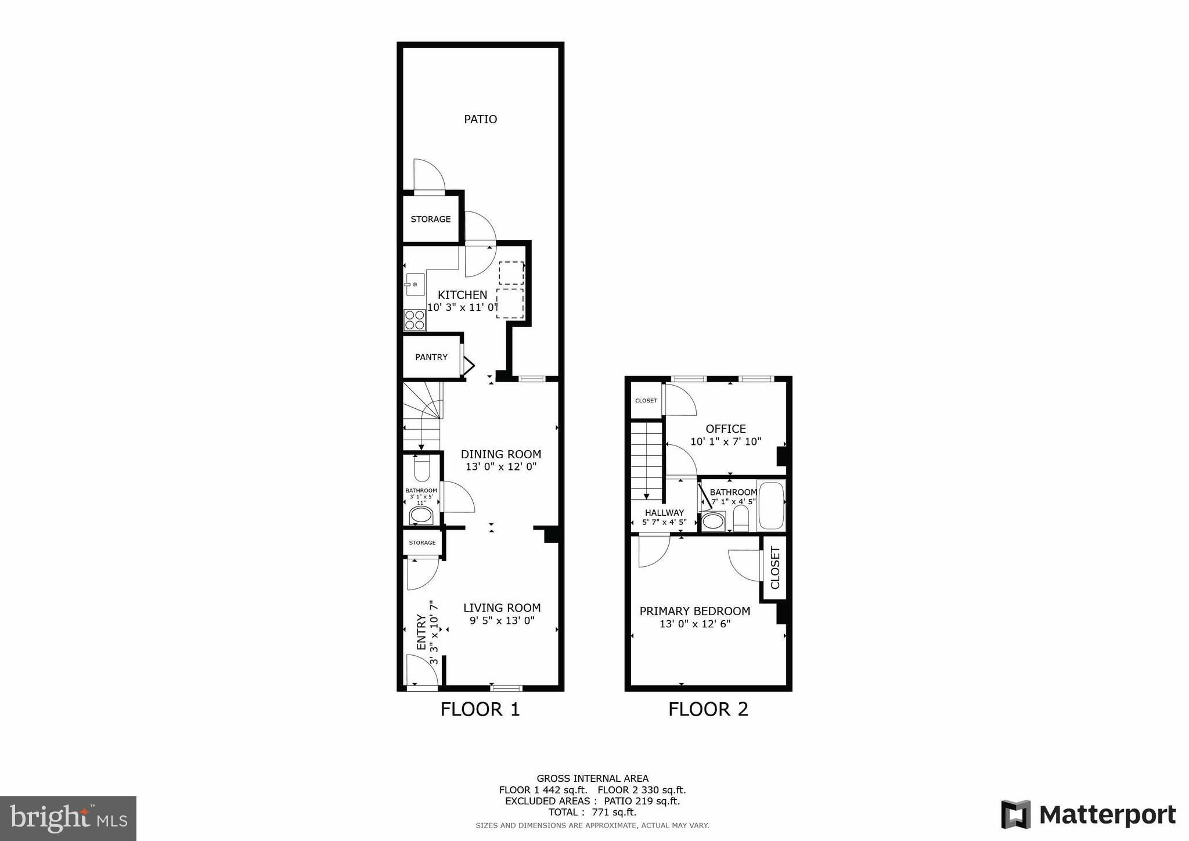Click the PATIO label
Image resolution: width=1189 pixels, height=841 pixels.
[x=480, y=119]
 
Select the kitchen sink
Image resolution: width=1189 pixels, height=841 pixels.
[x=415, y=284]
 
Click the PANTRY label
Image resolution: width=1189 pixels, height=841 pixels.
[x=431, y=357]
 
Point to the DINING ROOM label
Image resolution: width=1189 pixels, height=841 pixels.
[x=501, y=454]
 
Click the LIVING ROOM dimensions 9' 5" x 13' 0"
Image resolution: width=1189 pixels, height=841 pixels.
[x=502, y=621]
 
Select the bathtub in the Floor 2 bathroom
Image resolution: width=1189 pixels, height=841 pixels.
[x=771, y=505]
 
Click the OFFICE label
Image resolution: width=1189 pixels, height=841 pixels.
[x=726, y=429]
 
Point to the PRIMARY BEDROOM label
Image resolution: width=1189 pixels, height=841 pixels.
[x=695, y=611]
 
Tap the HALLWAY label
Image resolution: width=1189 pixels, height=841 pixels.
[x=664, y=513]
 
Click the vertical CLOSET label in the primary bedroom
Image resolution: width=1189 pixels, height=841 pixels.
[x=775, y=567]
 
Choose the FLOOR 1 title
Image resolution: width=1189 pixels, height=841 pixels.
[x=480, y=709]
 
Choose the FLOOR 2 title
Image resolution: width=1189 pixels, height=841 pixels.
[x=708, y=709]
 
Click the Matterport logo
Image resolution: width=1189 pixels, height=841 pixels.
[x=1089, y=815]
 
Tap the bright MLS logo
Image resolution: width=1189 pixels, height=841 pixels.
[x=69, y=818]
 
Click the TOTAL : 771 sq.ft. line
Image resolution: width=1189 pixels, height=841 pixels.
[x=592, y=812]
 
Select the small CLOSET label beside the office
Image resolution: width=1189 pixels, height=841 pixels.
[x=646, y=401]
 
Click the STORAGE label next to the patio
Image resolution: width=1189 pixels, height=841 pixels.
[x=431, y=219]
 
